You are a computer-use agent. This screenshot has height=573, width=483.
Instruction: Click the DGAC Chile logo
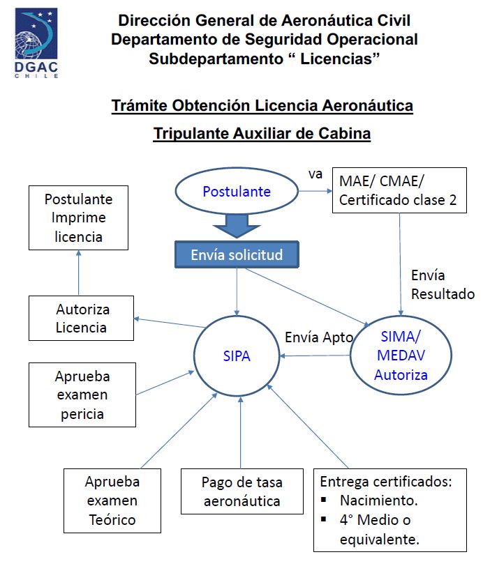click(x=36, y=43)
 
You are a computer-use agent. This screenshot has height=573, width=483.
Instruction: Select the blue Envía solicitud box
click(x=237, y=254)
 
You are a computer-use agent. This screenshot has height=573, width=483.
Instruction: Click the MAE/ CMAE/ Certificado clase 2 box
click(x=399, y=190)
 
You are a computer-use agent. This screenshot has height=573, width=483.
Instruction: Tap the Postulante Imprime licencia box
click(x=78, y=217)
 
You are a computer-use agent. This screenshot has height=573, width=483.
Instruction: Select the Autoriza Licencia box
click(x=81, y=319)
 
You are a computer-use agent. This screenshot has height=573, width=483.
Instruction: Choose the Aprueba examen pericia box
click(x=82, y=395)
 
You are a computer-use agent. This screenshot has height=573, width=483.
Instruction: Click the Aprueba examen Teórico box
click(x=112, y=501)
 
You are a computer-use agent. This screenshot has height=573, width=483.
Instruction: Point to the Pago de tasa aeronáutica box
click(x=242, y=491)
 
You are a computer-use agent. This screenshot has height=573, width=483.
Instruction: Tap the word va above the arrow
click(x=315, y=174)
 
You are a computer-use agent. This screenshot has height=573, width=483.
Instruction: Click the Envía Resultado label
click(x=443, y=284)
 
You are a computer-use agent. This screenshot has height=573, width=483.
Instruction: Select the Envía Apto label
click(x=319, y=337)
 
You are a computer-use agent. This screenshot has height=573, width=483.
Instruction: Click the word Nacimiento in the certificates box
click(x=379, y=501)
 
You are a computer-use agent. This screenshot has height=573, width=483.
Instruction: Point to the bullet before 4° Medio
click(x=323, y=519)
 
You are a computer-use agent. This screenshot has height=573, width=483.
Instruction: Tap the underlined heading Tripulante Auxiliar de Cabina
click(x=262, y=133)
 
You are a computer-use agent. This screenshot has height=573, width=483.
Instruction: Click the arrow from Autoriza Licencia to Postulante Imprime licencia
click(x=78, y=273)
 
